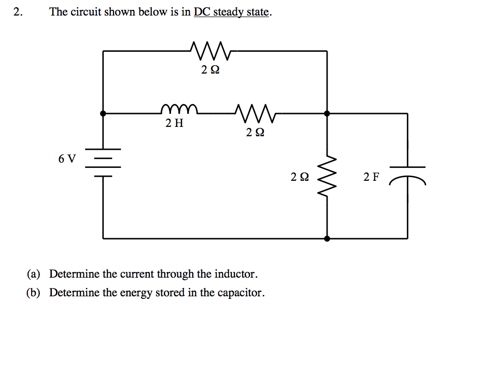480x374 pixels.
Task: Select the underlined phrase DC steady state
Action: pyautogui.click(x=232, y=12)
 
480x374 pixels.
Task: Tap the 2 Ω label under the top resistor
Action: pyautogui.click(x=210, y=70)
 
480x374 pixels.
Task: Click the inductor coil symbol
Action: pyautogui.click(x=179, y=109)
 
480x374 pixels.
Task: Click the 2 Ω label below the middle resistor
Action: pyautogui.click(x=255, y=133)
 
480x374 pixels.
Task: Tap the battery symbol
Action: pyautogui.click(x=103, y=162)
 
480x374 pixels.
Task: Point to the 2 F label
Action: pyautogui.click(x=371, y=177)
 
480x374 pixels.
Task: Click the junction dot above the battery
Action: pyautogui.click(x=103, y=112)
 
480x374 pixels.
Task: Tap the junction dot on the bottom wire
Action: pyautogui.click(x=327, y=239)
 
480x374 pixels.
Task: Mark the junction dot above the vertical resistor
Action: pyautogui.click(x=327, y=112)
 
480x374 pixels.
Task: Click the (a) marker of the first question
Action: pyautogui.click(x=34, y=274)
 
